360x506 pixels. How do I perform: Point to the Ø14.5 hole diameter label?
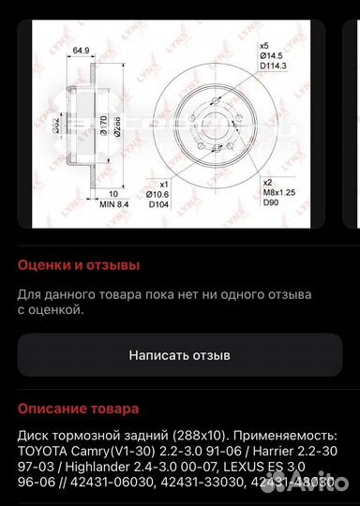(271, 56)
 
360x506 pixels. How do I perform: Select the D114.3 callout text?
(272, 67)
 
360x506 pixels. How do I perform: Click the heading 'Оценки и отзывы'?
(80, 265)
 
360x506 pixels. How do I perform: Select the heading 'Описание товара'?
(79, 409)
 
